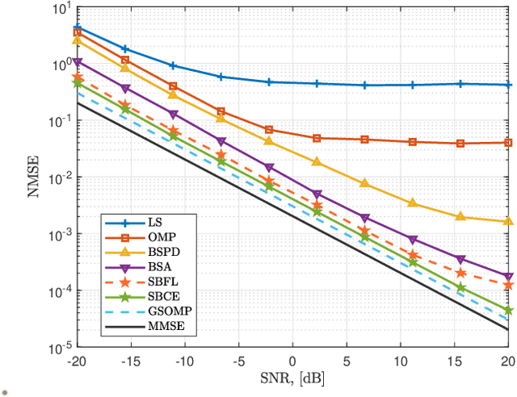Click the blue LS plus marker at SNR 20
508,85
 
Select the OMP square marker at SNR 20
508,143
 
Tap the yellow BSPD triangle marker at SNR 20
508,220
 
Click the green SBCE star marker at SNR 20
508,310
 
